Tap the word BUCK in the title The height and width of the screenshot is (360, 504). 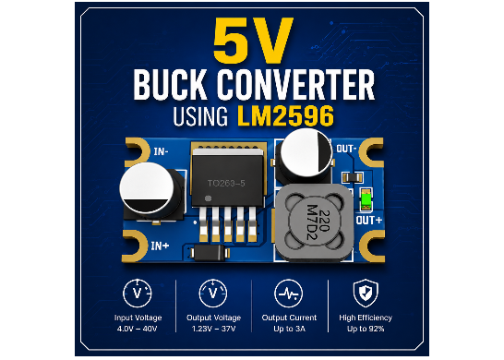pos(170,85)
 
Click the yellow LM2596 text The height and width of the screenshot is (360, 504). pos(285,115)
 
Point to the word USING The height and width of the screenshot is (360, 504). pos(200,116)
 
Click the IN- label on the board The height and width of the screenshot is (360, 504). pos(161,151)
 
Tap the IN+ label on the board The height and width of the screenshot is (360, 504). pos(160,246)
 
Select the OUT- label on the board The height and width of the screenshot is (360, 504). pos(346,149)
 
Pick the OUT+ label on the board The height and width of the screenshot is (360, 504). pos(369,221)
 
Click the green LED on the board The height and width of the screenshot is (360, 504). pos(366,199)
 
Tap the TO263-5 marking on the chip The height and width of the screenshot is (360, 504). pos(226,184)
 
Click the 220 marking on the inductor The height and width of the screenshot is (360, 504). pos(325,221)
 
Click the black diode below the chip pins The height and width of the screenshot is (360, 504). pos(209,253)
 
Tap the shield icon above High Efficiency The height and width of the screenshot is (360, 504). pos(366,294)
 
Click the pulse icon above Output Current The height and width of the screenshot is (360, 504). pos(289,294)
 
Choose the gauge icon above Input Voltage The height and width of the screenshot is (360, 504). pos(138,294)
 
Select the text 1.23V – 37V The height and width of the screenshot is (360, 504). pos(213,329)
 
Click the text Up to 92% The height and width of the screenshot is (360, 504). pos(366,329)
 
